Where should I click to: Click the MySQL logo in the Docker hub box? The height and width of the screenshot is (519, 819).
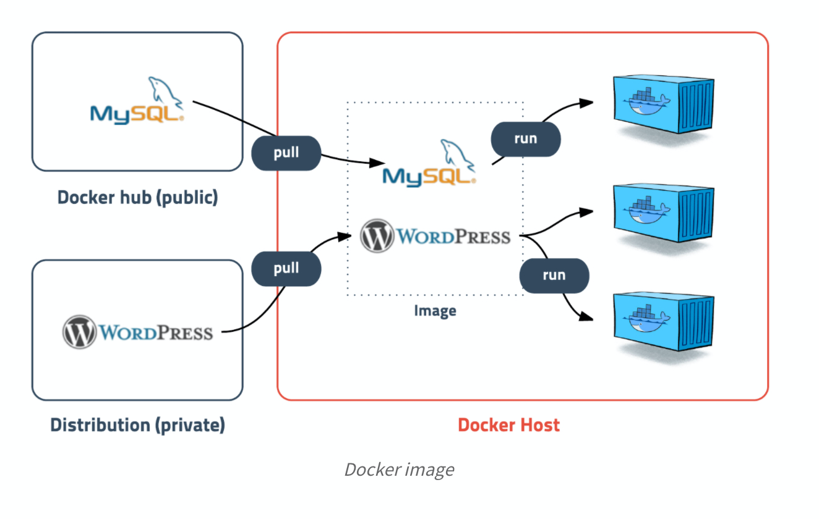(x=137, y=101)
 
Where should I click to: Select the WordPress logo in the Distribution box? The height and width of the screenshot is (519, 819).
(x=137, y=332)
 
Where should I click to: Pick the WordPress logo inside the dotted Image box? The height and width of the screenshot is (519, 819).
(x=435, y=236)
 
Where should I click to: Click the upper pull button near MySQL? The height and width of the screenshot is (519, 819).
(x=286, y=153)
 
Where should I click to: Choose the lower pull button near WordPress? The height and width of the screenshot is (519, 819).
(x=286, y=268)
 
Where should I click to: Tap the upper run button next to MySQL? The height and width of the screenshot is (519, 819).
(x=525, y=138)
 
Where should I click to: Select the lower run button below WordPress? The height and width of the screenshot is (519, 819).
(x=554, y=275)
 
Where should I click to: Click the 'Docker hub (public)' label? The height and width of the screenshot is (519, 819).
(x=137, y=198)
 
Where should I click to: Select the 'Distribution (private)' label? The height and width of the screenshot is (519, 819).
(x=137, y=425)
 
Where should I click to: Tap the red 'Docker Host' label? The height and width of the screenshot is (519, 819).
(x=508, y=425)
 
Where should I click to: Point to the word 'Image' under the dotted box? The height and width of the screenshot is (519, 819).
(x=435, y=310)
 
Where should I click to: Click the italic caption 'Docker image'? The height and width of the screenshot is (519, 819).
(x=399, y=470)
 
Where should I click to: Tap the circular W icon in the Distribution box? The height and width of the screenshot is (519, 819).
(x=79, y=332)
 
